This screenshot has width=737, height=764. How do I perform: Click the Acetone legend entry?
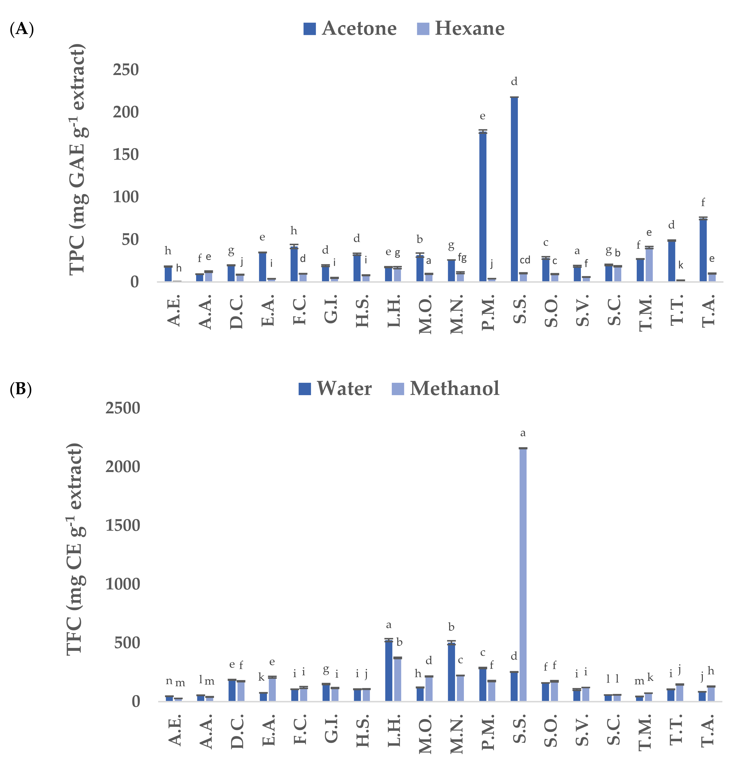(x=350, y=28)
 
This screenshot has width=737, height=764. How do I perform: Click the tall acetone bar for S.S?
(x=514, y=189)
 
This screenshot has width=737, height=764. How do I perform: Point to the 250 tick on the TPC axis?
(x=126, y=70)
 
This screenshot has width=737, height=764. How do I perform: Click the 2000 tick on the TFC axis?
(x=122, y=467)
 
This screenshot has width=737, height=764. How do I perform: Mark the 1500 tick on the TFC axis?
(x=122, y=526)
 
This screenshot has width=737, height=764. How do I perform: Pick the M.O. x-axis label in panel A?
(x=425, y=314)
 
